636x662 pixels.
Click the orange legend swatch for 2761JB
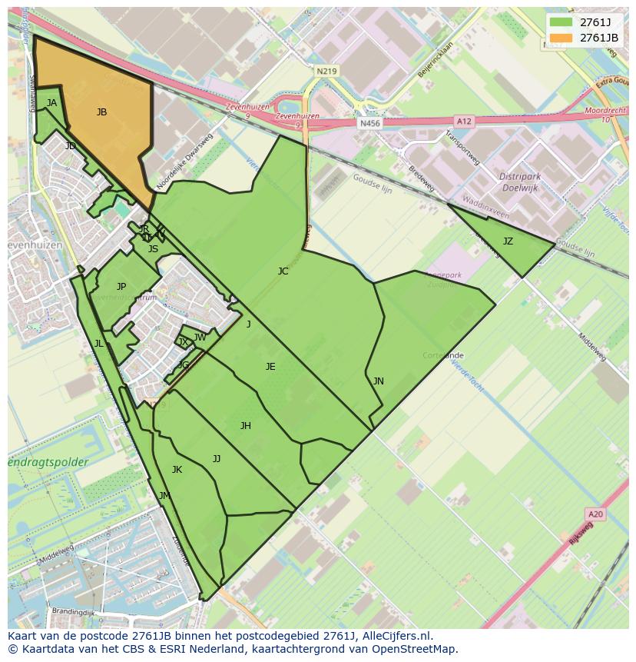(561, 38)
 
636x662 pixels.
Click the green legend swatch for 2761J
(561, 22)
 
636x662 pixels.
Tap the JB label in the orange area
(101, 112)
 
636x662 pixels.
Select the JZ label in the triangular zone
(508, 241)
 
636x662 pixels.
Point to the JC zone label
(283, 271)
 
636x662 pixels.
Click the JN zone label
(378, 381)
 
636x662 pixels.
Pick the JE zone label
(270, 367)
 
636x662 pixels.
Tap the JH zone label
(245, 426)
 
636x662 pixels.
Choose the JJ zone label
(217, 459)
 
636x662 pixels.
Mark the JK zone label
(177, 470)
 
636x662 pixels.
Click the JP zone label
(121, 287)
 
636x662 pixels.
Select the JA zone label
(51, 103)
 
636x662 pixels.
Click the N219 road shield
(326, 71)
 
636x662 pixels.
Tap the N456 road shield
(369, 123)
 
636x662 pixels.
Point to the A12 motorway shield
(464, 121)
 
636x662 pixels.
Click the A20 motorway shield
(595, 514)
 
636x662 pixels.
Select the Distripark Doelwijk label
(520, 181)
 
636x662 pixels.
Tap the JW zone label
(200, 338)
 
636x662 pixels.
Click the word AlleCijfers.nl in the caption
(393, 636)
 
